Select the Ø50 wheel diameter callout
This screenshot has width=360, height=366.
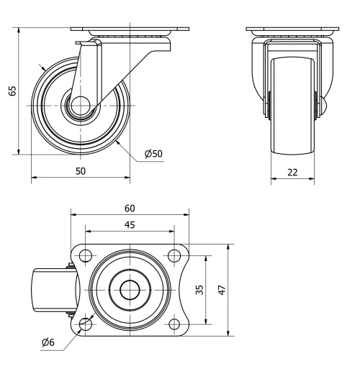pos(153,154)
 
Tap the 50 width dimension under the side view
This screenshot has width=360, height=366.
pos(81,170)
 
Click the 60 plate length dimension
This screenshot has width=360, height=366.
pos(130,208)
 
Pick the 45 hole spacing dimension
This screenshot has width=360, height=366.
pos(130,224)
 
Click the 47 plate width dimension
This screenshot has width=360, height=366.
pos(221,289)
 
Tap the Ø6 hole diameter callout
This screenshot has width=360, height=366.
pos(50,342)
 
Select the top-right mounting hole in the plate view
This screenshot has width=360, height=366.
pos(174,255)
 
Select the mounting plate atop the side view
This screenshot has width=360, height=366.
pos(130,30)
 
